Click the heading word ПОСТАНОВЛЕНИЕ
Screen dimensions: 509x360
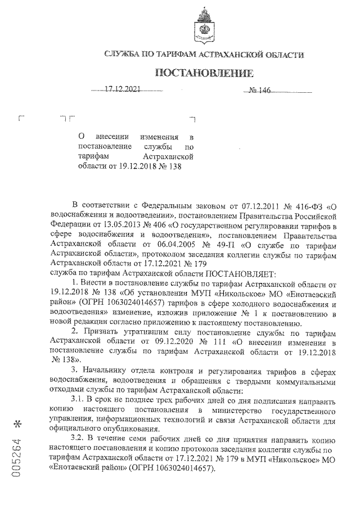coord(204,73)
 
